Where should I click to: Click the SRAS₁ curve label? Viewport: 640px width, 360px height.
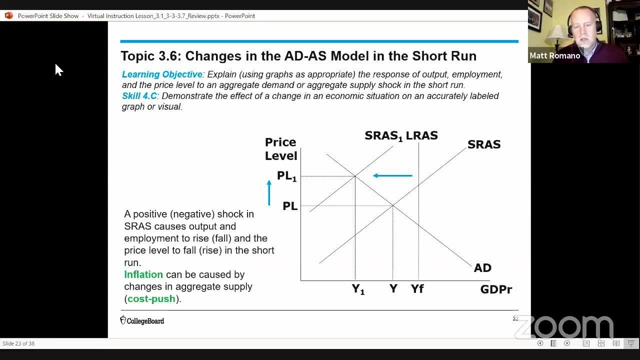[383, 136]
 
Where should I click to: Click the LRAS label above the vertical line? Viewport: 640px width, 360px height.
[421, 135]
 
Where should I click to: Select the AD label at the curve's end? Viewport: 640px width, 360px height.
[482, 268]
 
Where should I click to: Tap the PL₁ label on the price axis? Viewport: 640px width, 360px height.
[286, 176]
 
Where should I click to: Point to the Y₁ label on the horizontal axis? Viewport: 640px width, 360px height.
[358, 289]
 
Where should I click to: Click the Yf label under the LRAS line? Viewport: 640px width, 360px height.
[417, 288]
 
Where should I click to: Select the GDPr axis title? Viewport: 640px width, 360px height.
[496, 289]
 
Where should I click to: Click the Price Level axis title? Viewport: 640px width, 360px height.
[281, 149]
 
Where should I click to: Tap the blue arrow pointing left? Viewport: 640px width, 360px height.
[392, 175]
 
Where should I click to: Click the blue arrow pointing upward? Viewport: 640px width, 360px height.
[269, 192]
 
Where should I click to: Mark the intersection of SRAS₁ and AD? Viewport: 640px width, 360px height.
[355, 176]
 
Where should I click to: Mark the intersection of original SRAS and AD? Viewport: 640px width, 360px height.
[392, 205]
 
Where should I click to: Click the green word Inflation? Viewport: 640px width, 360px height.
[143, 274]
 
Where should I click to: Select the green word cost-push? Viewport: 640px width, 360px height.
[151, 299]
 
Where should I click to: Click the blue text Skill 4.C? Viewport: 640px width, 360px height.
[139, 96]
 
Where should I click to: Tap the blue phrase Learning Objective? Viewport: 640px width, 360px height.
[162, 74]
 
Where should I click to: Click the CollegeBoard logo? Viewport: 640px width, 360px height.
[142, 320]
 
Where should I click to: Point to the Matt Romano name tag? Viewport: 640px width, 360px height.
[554, 55]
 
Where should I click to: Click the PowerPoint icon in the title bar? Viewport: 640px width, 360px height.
[8, 15]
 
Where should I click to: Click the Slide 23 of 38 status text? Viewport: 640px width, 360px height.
[18, 343]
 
